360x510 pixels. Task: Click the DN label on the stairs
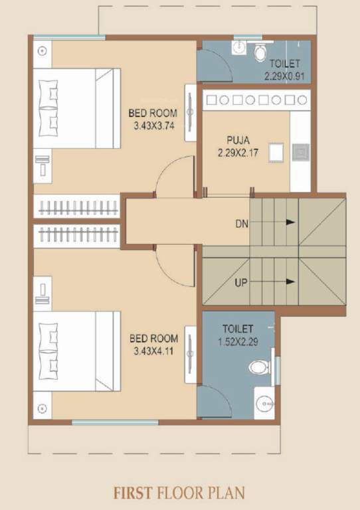tap(242, 223)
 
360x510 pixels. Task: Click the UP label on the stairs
tap(242, 282)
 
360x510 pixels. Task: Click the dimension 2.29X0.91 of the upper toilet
tap(286, 76)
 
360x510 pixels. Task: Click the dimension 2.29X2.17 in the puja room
tap(236, 152)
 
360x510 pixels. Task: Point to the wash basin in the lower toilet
tap(264, 403)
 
